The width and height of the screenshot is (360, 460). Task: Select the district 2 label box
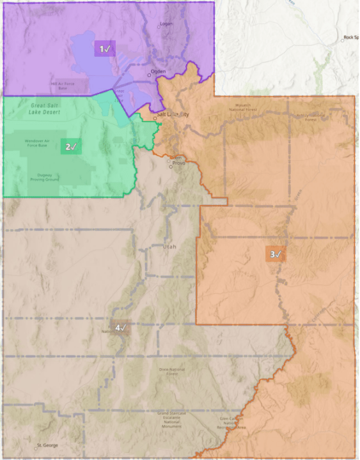[71, 147]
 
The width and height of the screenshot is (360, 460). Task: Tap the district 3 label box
[275, 254]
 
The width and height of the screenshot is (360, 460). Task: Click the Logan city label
[166, 25]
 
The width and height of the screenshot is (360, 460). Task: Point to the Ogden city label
[159, 72]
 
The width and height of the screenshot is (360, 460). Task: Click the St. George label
[47, 445]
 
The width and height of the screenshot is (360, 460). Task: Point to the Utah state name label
[169, 247]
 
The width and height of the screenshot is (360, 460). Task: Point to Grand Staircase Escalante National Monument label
[173, 419]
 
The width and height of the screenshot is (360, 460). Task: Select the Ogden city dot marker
[149, 75]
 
